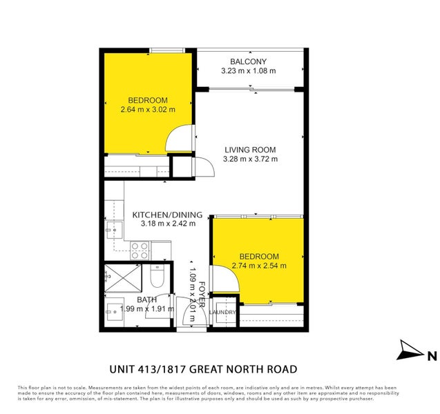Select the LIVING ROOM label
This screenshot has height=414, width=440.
pyautogui.click(x=250, y=150)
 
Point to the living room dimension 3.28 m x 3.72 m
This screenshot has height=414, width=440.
pyautogui.click(x=250, y=159)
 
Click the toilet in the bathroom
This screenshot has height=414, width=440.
pyautogui.click(x=156, y=278)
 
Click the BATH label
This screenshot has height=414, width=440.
pyautogui.click(x=146, y=299)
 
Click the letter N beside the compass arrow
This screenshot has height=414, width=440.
pyautogui.click(x=431, y=356)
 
